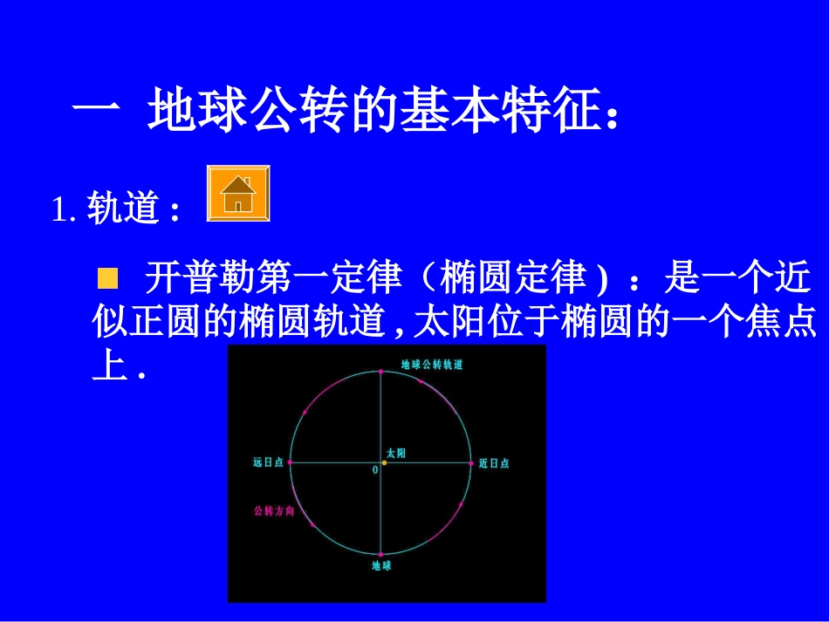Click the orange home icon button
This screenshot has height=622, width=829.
click(238, 194)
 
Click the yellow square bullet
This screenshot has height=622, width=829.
click(107, 279)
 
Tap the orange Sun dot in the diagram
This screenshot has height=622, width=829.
click(384, 462)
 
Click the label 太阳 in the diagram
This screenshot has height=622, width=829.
click(396, 453)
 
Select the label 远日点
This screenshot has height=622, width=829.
click(268, 463)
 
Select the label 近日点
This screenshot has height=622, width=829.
click(494, 463)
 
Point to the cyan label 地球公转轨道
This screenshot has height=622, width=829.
click(432, 365)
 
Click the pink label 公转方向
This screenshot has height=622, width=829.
click(273, 511)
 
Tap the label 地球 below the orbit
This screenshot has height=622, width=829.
click(381, 566)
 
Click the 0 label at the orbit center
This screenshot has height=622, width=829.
click(375, 469)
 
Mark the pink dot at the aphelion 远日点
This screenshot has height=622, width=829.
click(291, 462)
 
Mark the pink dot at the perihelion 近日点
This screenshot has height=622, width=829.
click(472, 462)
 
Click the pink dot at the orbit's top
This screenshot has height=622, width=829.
click(381, 372)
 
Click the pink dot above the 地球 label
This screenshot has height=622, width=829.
click(381, 553)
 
